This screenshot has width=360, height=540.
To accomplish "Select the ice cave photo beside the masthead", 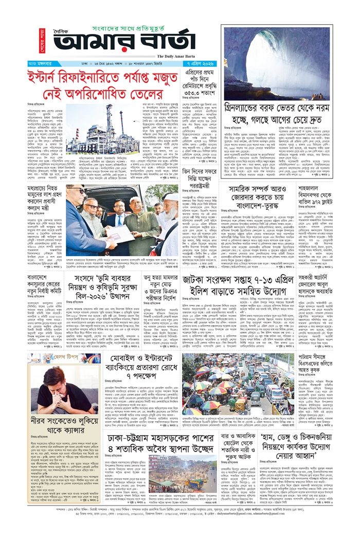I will click(275, 63).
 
